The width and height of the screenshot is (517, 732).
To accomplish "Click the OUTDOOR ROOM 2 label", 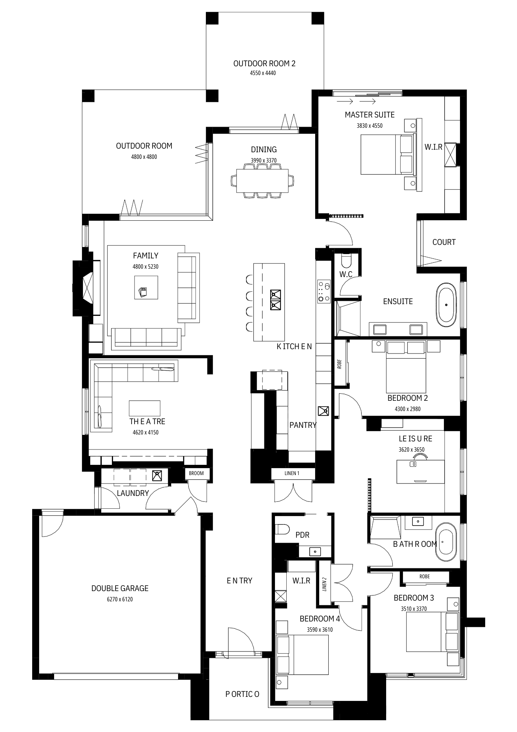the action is click(x=264, y=64).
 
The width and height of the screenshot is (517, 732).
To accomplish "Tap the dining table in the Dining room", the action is click(x=262, y=180).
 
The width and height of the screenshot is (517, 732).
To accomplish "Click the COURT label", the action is click(x=444, y=242).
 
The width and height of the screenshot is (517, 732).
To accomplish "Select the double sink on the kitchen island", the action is click(x=275, y=300).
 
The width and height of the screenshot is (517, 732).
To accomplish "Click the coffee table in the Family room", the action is click(x=146, y=287).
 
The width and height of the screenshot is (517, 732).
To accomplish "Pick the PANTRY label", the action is click(x=303, y=425).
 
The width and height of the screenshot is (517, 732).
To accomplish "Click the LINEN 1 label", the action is click(x=292, y=473).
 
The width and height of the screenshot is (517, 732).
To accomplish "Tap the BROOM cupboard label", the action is click(x=196, y=473).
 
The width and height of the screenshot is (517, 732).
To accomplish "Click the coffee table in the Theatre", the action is click(x=144, y=408).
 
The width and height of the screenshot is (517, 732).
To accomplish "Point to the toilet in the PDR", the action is click(x=282, y=530).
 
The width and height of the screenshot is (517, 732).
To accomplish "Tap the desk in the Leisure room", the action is click(x=420, y=471).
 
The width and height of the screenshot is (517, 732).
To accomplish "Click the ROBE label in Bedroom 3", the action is click(x=424, y=576).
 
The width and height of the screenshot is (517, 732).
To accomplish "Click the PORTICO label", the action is click(x=242, y=694).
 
